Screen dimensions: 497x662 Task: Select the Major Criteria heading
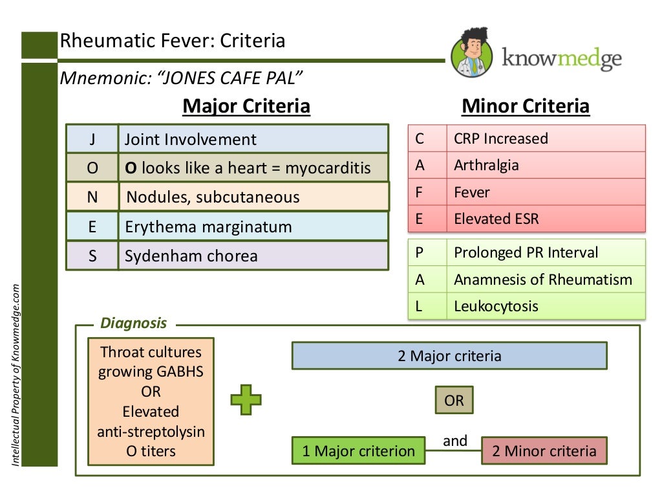[246, 106]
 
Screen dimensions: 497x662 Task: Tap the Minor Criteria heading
[525, 106]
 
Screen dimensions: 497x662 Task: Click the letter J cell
[92, 139]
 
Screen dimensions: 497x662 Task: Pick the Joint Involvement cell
[253, 139]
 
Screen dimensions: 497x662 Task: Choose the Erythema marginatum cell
[253, 226]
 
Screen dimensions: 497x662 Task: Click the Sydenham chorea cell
[253, 256]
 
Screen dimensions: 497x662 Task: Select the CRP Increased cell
[545, 138]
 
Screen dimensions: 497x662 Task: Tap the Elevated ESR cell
[545, 219]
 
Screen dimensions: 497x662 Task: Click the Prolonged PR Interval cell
[545, 252]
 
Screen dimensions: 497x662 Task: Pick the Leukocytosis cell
[545, 306]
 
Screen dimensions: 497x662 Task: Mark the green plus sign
[246, 399]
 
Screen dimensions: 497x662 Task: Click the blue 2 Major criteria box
[449, 356]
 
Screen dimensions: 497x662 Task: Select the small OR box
[454, 401]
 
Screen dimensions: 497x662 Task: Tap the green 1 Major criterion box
[359, 450]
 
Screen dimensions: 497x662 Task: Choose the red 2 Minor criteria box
[544, 450]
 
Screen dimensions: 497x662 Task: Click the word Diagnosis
[133, 323]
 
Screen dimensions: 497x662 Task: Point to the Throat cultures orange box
[151, 401]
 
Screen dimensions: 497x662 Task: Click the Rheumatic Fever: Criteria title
[172, 41]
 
